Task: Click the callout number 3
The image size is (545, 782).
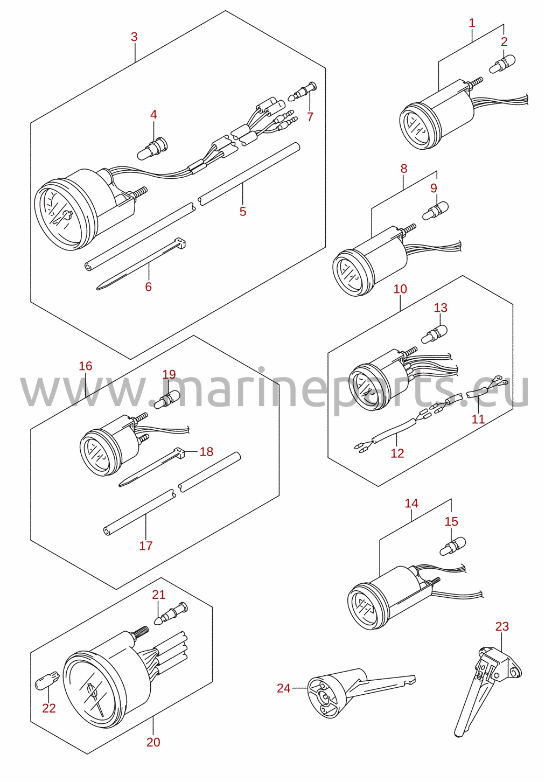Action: coord(134,37)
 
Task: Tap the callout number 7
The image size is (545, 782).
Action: coord(310,117)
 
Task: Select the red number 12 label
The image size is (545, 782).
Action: coord(397,453)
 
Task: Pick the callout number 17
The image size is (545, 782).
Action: coord(146,546)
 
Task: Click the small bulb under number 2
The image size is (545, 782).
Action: coord(502,64)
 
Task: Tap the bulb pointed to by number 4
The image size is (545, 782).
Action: coord(152,149)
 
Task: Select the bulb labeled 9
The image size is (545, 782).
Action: coord(435,211)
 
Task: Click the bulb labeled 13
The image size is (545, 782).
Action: coord(435,333)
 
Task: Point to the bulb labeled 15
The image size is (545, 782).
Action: coord(452,546)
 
